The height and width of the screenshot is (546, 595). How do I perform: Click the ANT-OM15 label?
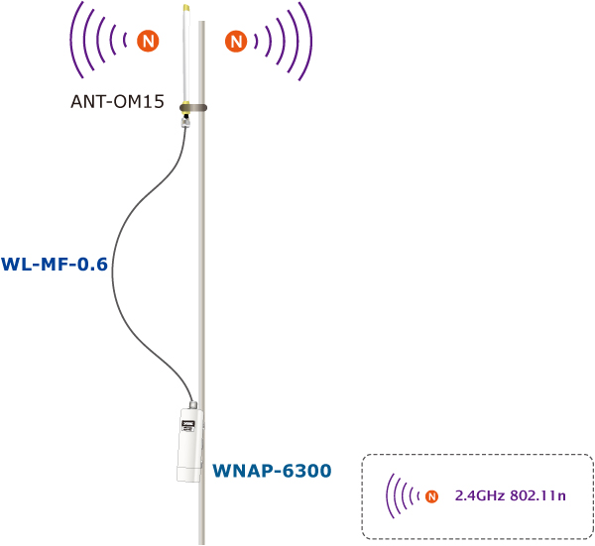tap(116, 101)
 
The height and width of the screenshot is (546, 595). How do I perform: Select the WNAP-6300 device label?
tap(271, 469)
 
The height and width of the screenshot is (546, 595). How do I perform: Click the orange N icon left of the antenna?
tap(147, 41)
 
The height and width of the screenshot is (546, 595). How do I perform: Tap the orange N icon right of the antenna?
tap(236, 41)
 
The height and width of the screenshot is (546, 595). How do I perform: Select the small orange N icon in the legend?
tap(430, 494)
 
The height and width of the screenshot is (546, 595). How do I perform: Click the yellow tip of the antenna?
tap(186, 7)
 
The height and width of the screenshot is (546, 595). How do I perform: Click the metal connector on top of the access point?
tap(193, 405)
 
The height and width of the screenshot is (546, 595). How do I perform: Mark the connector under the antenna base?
tap(185, 123)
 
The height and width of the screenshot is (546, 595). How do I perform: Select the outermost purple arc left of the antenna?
tap(73, 41)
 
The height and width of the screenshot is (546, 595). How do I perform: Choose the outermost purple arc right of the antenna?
tap(310, 41)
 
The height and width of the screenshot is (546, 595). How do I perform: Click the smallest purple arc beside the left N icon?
tap(128, 41)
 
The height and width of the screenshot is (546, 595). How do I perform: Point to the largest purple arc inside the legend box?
tap(389, 494)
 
